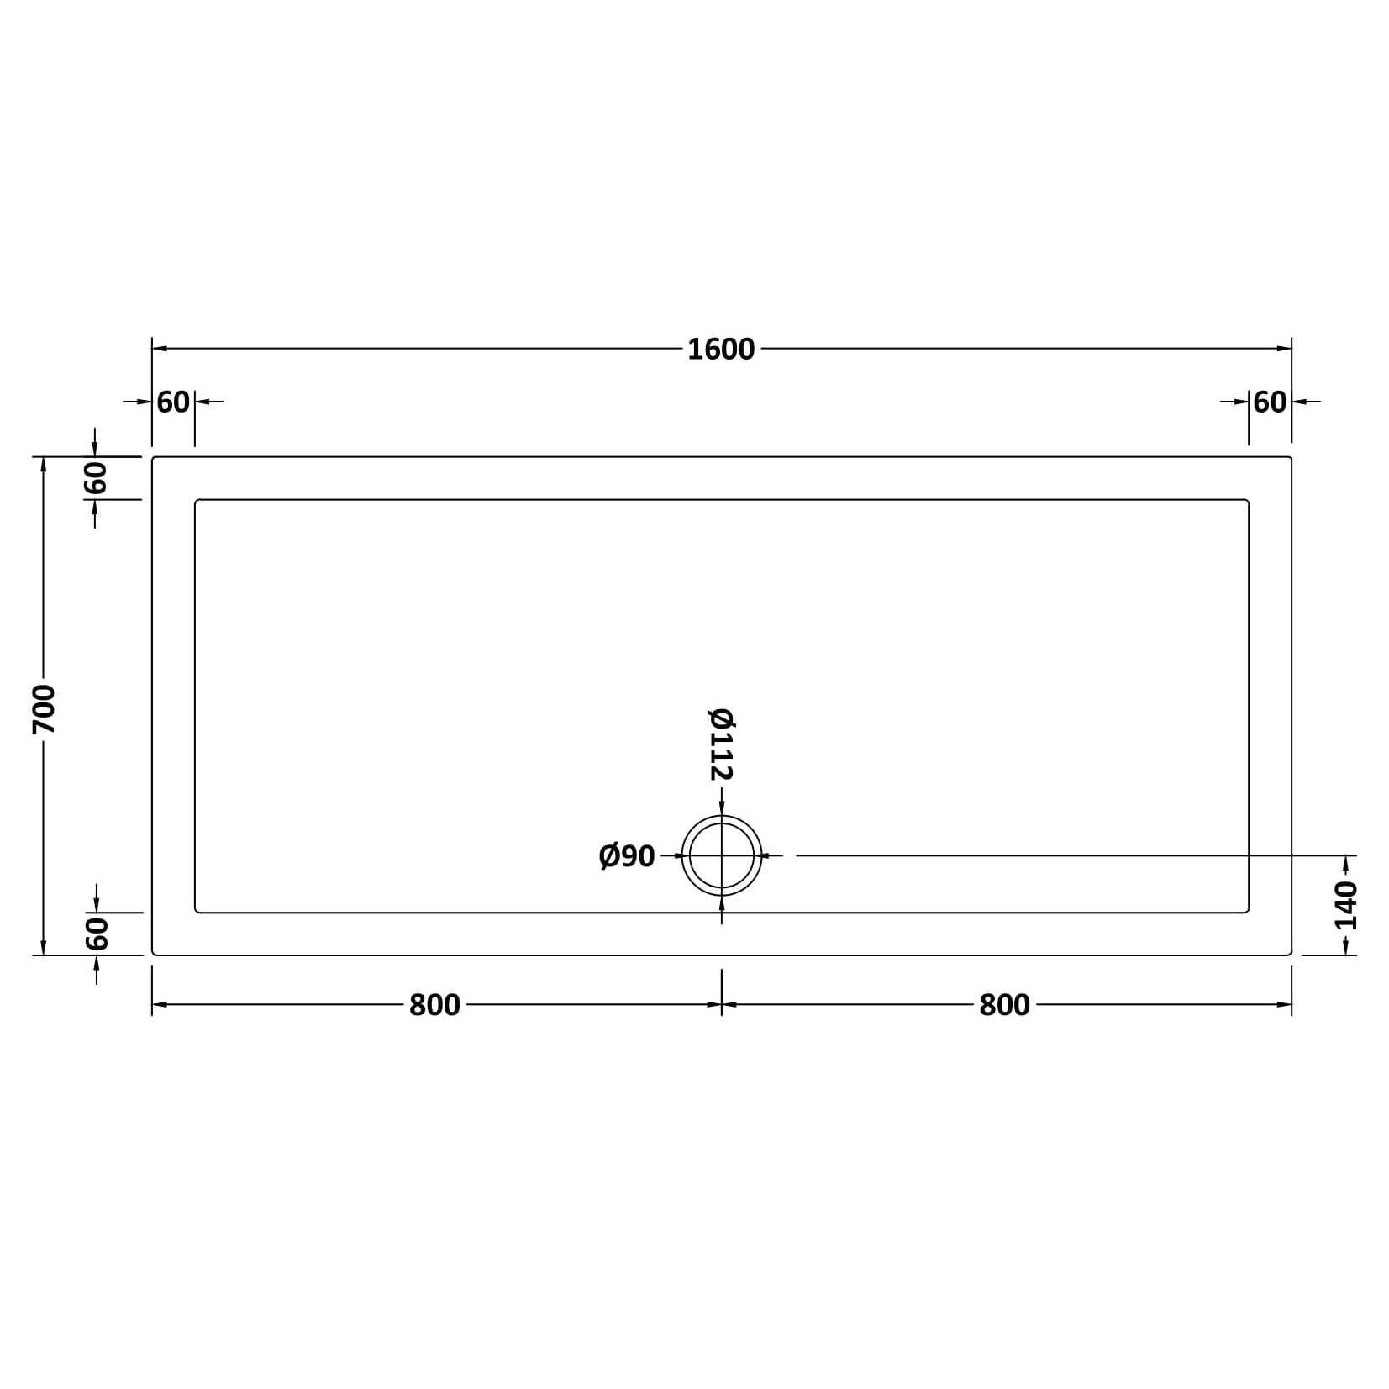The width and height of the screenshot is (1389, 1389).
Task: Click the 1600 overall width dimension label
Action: click(721, 349)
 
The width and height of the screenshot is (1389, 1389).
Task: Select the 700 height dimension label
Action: click(44, 708)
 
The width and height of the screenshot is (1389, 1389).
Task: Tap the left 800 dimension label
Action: click(434, 1005)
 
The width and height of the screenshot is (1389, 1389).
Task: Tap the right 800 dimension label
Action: click(1004, 1005)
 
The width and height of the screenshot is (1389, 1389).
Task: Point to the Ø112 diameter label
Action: click(722, 744)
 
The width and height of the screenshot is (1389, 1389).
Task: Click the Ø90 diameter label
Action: click(627, 856)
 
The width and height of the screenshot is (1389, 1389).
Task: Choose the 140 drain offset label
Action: click(1345, 906)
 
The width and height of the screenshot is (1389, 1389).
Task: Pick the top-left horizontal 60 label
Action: click(173, 402)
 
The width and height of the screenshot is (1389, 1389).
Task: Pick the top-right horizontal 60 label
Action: click(1270, 402)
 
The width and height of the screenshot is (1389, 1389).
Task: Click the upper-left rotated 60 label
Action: click(96, 478)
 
